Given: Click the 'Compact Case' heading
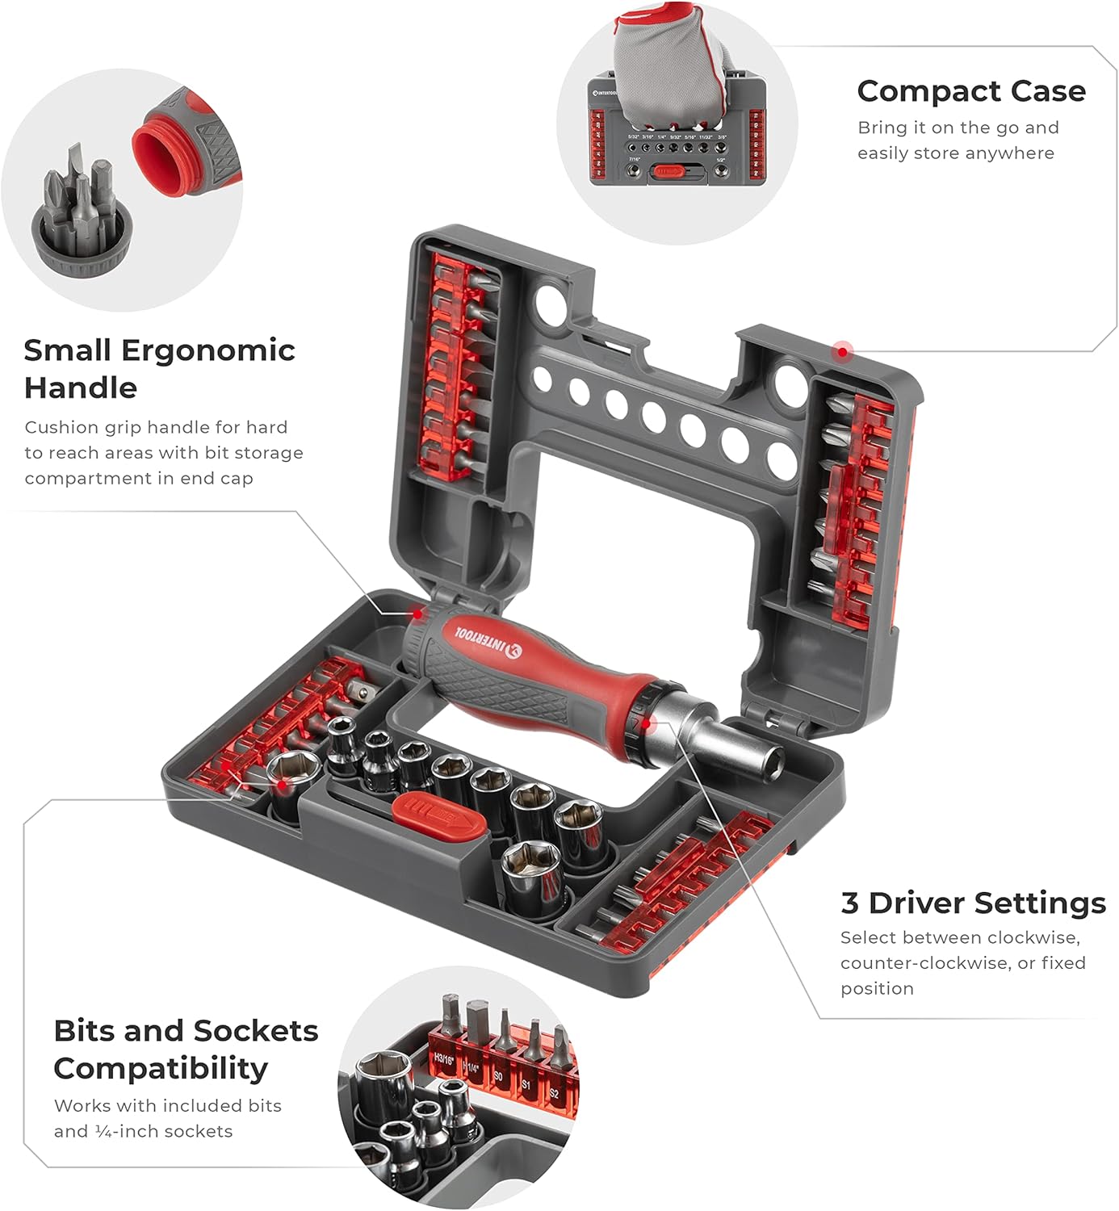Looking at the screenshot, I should tap(970, 91).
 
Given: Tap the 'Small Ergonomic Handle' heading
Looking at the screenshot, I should tap(159, 369).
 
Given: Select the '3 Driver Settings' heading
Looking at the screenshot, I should tap(973, 903).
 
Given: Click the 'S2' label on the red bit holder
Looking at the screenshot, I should tap(554, 1093).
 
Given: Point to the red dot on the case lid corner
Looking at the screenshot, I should tap(842, 351).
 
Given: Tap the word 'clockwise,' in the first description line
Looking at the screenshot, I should tap(1031, 937).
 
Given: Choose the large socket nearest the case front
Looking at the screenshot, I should tap(532, 871).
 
